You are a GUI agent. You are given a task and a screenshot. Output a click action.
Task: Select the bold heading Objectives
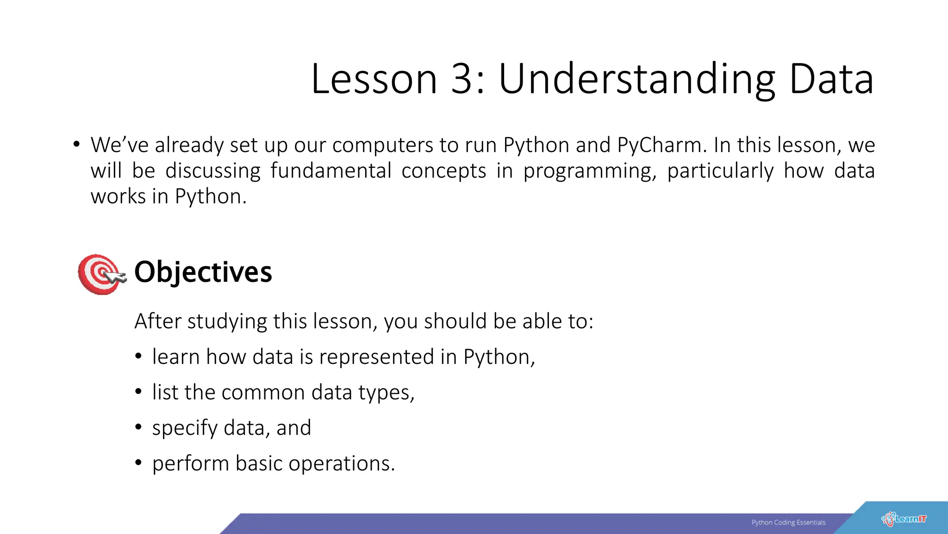point(203,272)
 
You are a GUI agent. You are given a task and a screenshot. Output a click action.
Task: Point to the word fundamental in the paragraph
point(331,171)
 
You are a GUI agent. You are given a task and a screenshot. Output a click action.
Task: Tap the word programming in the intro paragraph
point(589,172)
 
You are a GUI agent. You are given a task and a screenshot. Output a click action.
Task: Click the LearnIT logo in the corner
point(904,519)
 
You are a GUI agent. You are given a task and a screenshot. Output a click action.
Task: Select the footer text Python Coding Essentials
point(788,522)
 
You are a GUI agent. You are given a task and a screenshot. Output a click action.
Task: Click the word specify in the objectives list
point(185,428)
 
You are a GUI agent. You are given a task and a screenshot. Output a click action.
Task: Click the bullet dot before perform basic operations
point(138,463)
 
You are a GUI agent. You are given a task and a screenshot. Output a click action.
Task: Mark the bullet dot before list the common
point(138,392)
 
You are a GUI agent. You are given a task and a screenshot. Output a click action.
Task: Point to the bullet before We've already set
point(76,144)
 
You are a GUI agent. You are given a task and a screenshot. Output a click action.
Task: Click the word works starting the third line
point(118,197)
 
